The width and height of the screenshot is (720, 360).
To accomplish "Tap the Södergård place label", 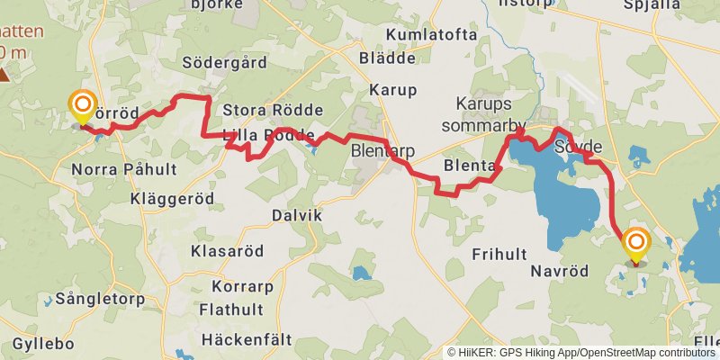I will [x=225, y=63].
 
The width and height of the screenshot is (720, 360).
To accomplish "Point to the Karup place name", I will [x=393, y=90].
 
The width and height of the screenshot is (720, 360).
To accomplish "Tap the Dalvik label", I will [x=296, y=216].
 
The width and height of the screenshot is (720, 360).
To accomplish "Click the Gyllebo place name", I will [x=43, y=345].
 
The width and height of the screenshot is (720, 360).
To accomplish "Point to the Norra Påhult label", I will [x=116, y=169].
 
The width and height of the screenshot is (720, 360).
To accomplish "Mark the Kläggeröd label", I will [x=172, y=197].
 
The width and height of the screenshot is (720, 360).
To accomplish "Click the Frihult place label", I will [x=499, y=254].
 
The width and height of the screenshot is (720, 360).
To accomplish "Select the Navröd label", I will [x=559, y=271].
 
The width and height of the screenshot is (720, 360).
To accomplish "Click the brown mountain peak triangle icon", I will [x=5, y=75].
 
